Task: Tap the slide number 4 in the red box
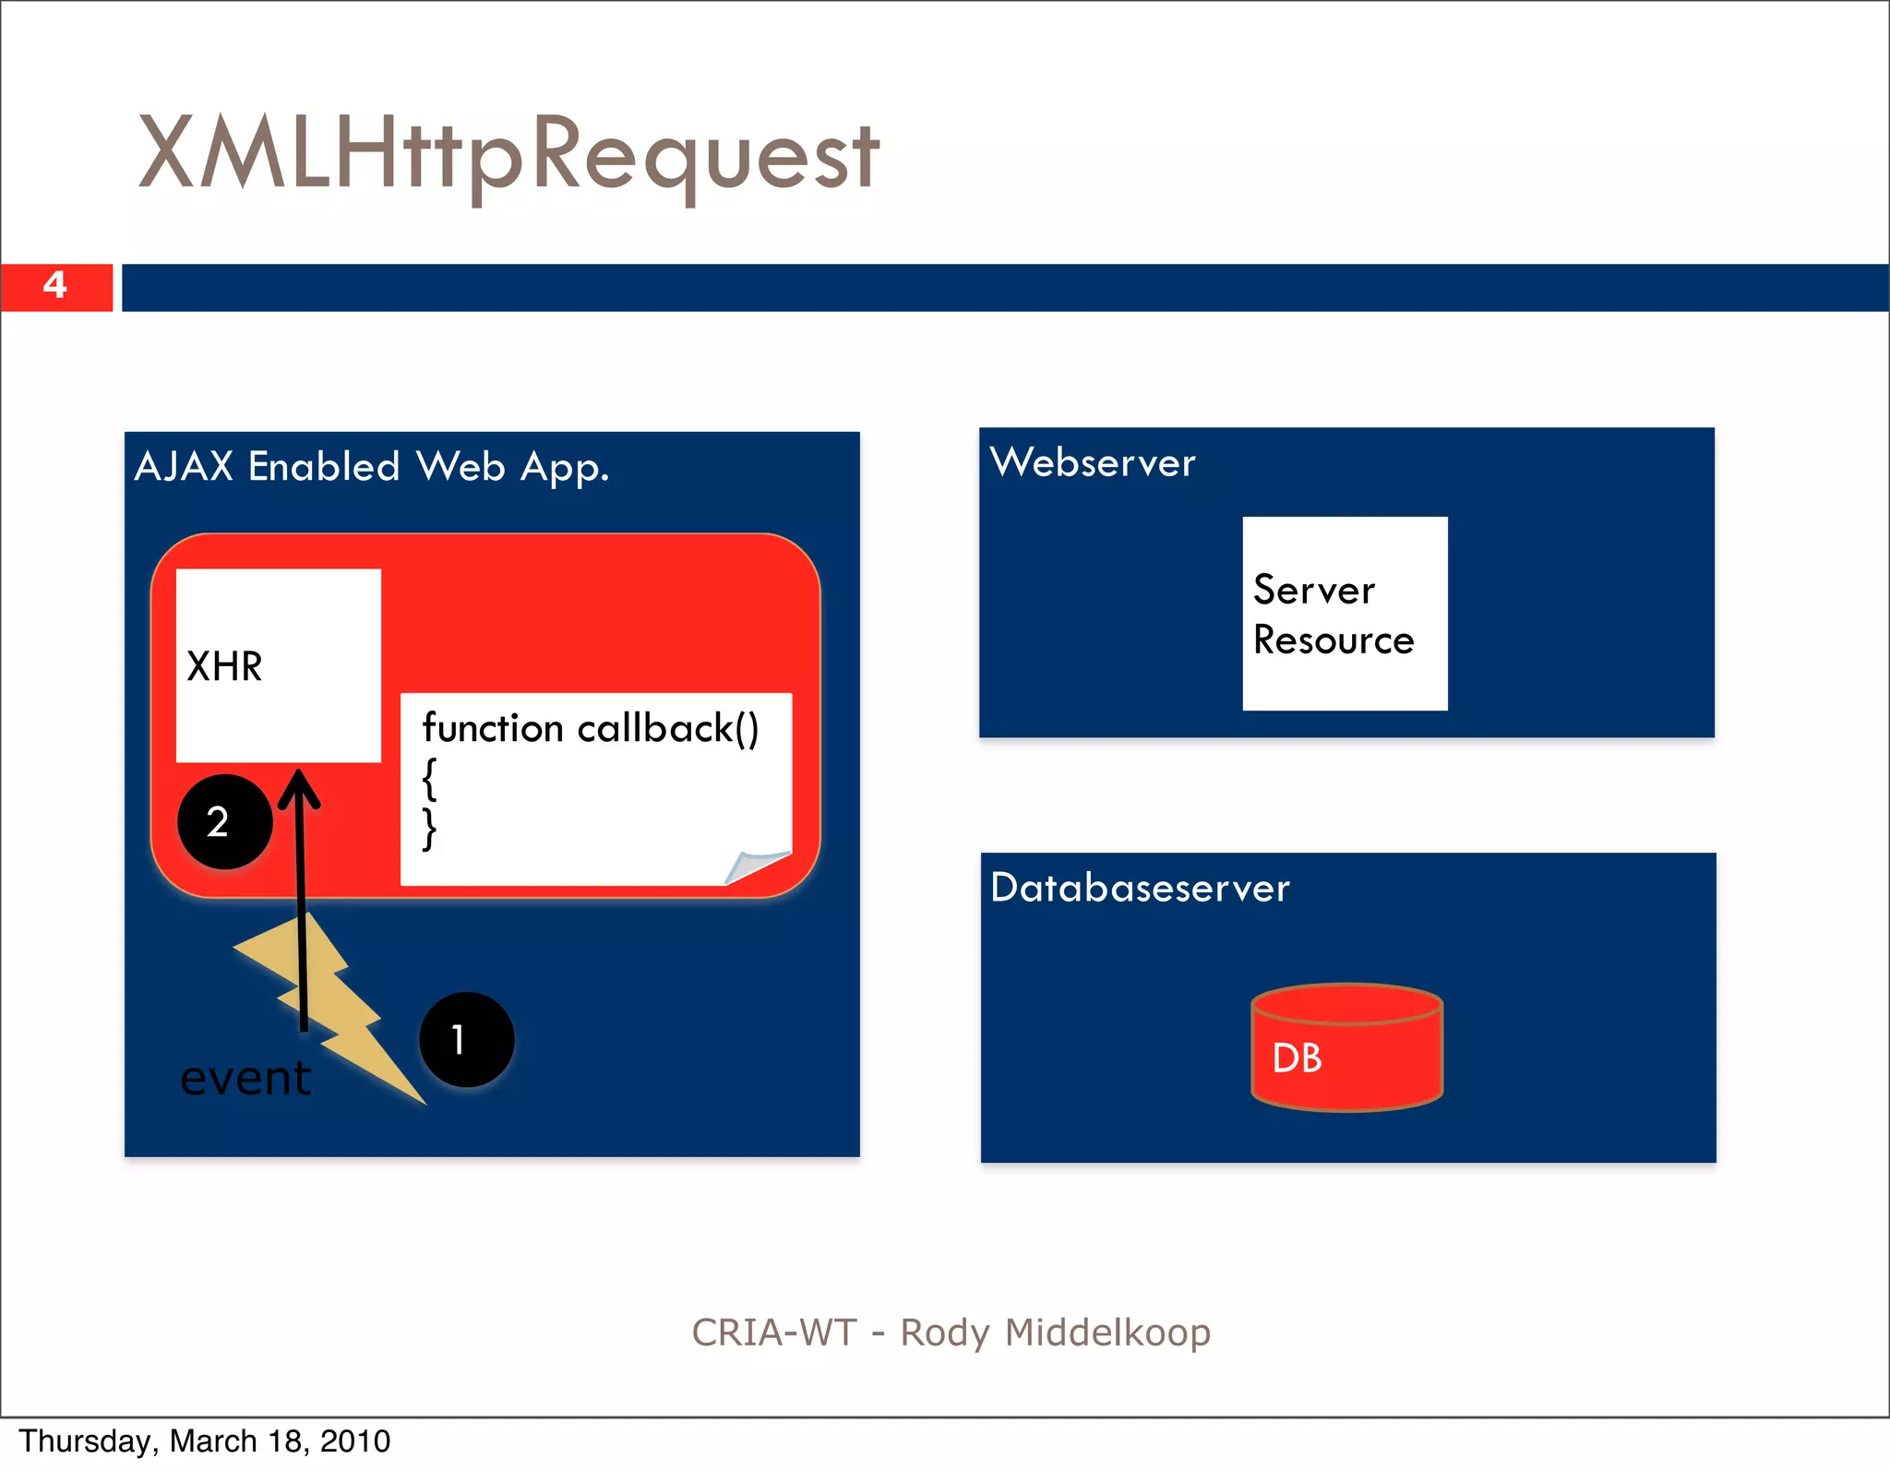[55, 285]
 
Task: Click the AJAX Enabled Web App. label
[372, 467]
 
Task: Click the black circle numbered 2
[224, 821]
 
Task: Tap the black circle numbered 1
[466, 1039]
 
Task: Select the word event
[245, 1078]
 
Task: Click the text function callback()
[591, 729]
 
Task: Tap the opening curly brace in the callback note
[429, 779]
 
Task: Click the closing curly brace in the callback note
[429, 829]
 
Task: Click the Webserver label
[1093, 462]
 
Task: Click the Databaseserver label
[1140, 888]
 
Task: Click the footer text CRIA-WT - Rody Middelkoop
[951, 1333]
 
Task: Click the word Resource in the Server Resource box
[1334, 640]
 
